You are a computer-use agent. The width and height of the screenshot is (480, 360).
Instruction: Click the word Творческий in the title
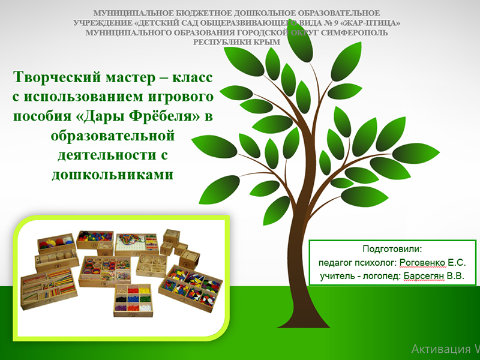click(x=56, y=77)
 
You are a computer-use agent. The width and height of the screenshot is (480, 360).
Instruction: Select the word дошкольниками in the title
click(x=112, y=174)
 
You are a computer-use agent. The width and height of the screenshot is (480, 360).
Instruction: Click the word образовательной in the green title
click(x=112, y=136)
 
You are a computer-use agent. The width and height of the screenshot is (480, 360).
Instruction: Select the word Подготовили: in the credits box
click(x=392, y=248)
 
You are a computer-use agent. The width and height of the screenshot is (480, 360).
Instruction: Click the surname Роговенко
click(x=422, y=262)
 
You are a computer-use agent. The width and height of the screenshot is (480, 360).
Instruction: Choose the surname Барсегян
click(x=424, y=276)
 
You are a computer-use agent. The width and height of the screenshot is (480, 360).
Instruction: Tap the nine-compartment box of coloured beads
click(x=133, y=301)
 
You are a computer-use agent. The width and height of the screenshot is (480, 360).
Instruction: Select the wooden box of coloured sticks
click(x=49, y=288)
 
